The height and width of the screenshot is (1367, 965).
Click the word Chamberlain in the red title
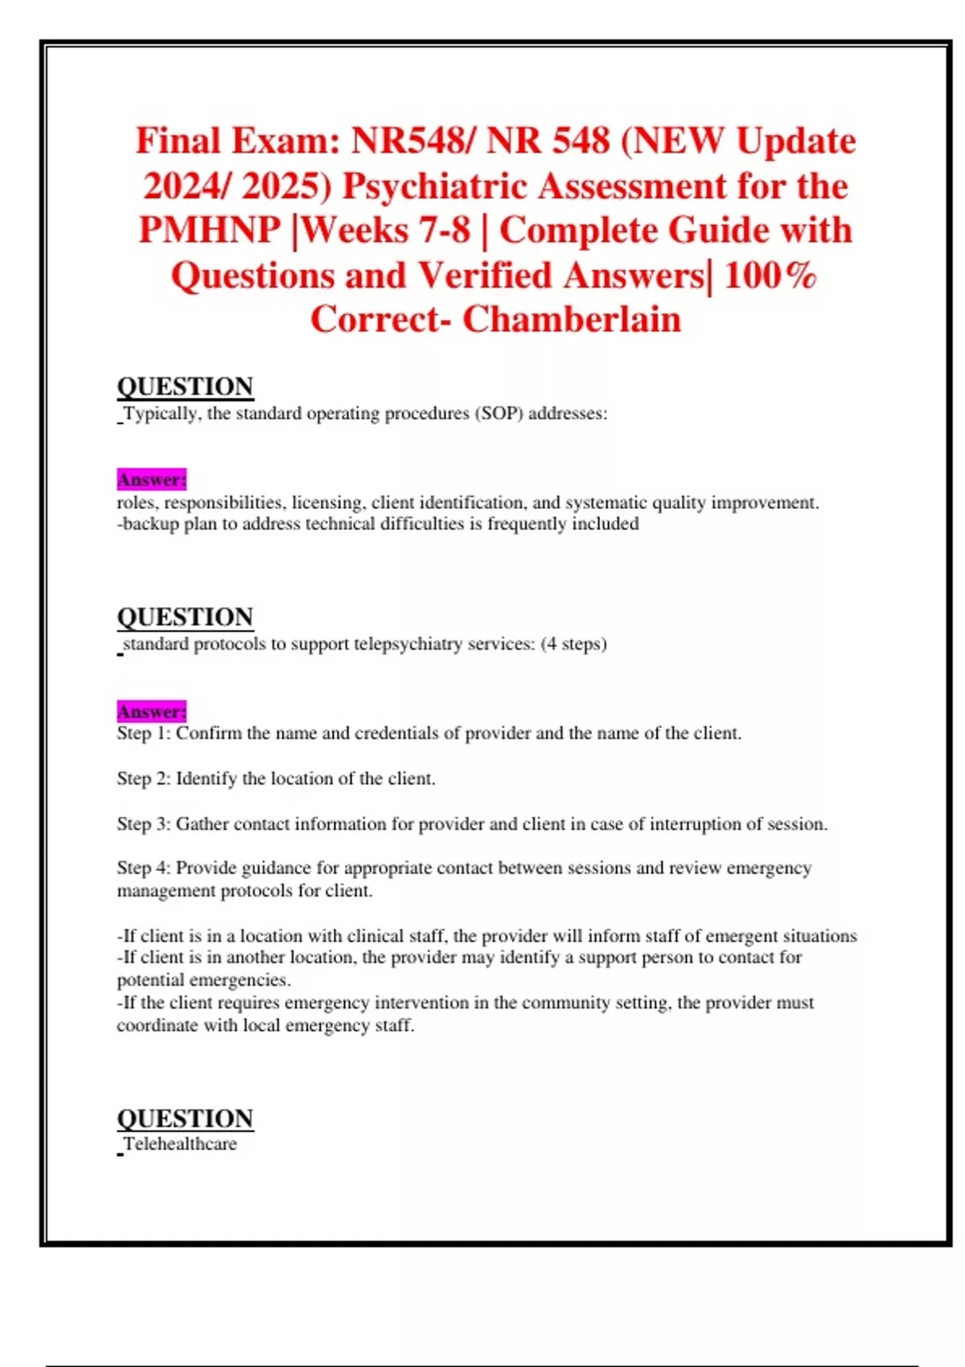coord(571,319)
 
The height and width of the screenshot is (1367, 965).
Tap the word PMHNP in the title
coord(210,230)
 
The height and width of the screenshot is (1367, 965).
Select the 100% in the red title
coord(770,275)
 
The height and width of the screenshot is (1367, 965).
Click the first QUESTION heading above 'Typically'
coord(185,387)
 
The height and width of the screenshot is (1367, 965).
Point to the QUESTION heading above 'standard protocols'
coord(185,618)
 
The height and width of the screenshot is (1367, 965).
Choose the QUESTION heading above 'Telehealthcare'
coord(185,1119)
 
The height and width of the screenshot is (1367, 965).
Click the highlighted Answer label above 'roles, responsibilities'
coord(152,480)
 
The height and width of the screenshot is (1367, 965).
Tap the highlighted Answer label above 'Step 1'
coord(152,712)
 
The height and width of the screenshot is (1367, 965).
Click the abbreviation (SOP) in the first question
coord(499,413)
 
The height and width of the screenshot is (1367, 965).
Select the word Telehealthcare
coord(180,1144)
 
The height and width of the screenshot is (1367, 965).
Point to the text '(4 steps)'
coord(573,644)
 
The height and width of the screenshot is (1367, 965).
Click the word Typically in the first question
coord(160,413)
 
